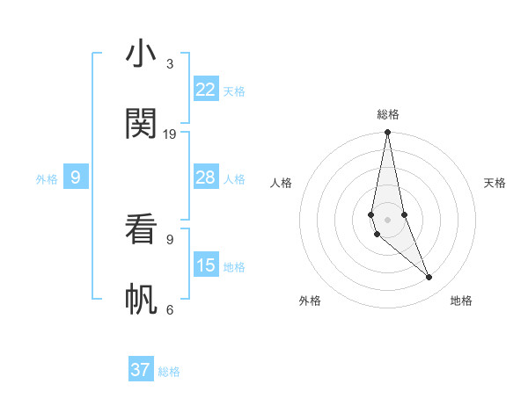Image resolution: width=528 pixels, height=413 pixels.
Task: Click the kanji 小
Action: (141, 54)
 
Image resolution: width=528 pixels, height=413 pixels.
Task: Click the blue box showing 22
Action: (205, 90)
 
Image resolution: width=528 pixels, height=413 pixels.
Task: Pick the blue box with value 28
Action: (205, 178)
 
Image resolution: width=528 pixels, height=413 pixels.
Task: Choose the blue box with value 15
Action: (205, 265)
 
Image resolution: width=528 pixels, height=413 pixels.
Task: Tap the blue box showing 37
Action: (141, 370)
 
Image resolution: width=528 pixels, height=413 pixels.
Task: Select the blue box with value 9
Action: (76, 178)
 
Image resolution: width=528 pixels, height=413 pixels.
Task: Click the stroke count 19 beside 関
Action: (170, 134)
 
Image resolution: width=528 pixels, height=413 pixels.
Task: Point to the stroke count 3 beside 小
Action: (170, 64)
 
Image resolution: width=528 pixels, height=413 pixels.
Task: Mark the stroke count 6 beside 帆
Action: (170, 309)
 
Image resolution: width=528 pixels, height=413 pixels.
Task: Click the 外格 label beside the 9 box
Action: (47, 178)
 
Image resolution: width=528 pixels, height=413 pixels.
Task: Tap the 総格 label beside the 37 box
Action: (169, 371)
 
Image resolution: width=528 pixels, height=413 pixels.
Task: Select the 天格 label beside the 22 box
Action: (234, 91)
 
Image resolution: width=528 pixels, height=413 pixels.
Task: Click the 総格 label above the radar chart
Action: (388, 114)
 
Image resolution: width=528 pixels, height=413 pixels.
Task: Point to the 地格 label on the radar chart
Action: (461, 301)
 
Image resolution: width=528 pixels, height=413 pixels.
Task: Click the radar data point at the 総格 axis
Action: (387, 133)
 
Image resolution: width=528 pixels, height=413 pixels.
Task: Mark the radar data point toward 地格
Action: (429, 278)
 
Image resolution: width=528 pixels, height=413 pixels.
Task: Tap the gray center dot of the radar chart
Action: (387, 218)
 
